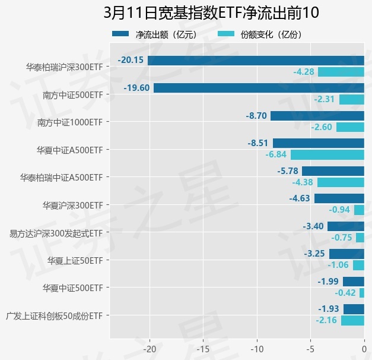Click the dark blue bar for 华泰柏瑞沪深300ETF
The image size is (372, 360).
point(256,60)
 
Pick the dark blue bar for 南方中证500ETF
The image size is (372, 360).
point(259,88)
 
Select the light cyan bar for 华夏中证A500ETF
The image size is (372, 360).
point(328,154)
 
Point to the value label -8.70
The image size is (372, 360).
point(256,116)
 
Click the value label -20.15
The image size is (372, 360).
point(131,60)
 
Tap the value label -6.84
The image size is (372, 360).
point(276,154)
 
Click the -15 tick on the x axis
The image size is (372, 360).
point(203,348)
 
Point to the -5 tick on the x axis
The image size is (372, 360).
point(310,348)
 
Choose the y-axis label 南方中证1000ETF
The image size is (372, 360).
point(69,122)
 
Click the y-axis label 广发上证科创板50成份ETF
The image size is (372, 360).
point(57,315)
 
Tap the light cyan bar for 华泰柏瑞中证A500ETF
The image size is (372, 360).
point(341,182)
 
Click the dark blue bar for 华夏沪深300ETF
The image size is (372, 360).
point(339,198)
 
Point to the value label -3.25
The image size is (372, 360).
point(314,254)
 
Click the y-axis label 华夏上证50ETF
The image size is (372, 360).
point(75,260)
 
